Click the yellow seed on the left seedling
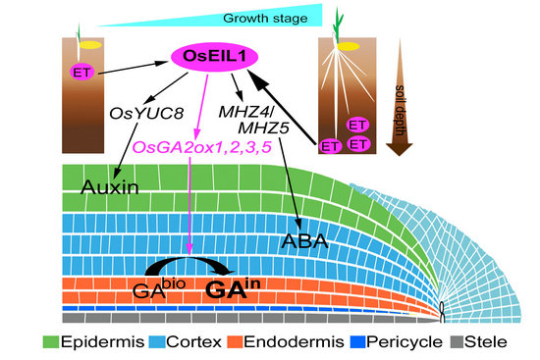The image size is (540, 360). pos(89,45)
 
